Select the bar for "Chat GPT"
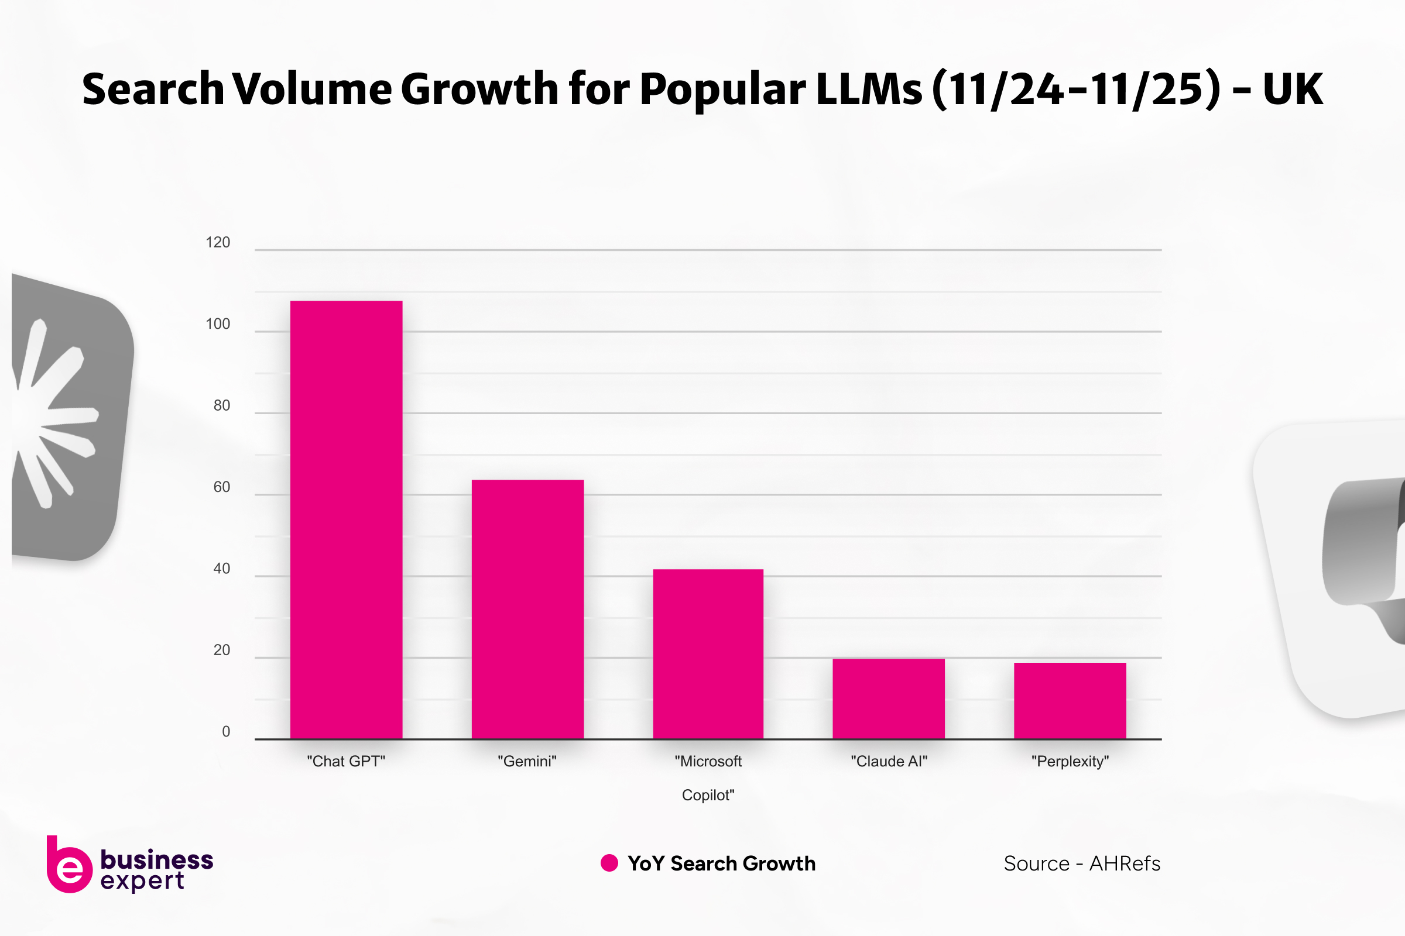[x=346, y=519]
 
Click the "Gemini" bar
[x=527, y=609]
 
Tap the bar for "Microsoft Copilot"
[x=708, y=653]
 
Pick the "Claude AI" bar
[x=888, y=698]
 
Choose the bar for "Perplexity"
[x=1070, y=700]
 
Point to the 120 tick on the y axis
[x=217, y=242]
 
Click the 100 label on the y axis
[x=217, y=324]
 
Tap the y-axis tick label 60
[x=222, y=487]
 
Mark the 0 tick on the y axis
[x=226, y=732]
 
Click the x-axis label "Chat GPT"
[x=346, y=762]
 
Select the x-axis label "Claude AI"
[x=889, y=762]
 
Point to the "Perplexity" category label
[x=1070, y=762]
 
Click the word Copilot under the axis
[x=708, y=795]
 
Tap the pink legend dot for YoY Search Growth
[x=609, y=863]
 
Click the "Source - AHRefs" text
[x=1082, y=864]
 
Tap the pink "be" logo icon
[x=68, y=865]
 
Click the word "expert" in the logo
[x=142, y=881]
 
